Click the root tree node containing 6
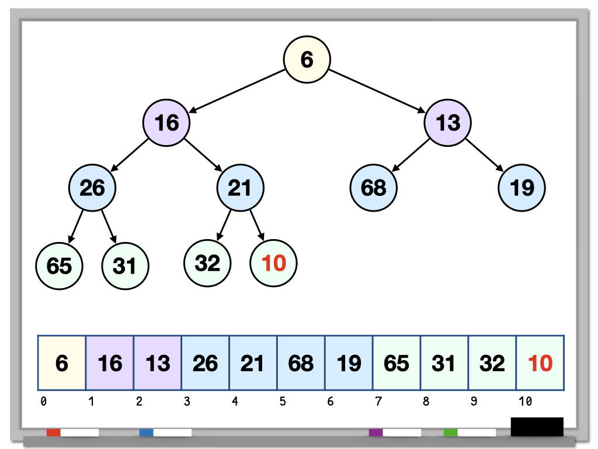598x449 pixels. [x=307, y=59]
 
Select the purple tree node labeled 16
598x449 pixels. [x=166, y=123]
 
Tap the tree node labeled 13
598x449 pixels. [x=447, y=123]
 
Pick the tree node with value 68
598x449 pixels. [x=373, y=188]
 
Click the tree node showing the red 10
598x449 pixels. [x=273, y=264]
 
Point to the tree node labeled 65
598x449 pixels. [x=59, y=265]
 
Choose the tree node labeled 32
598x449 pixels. [x=207, y=263]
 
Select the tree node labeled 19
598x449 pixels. [x=521, y=188]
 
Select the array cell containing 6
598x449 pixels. [x=62, y=363]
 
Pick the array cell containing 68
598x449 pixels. [x=301, y=363]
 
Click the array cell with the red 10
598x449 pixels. [x=540, y=363]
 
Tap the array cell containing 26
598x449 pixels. [x=205, y=363]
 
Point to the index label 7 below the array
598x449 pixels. [x=378, y=401]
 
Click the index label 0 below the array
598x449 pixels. [x=43, y=401]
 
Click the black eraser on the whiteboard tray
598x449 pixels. [x=537, y=427]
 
